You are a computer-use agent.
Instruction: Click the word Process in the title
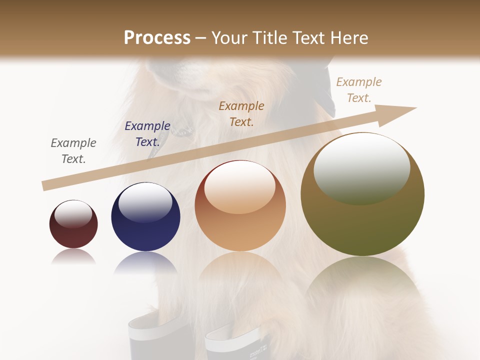[157, 38]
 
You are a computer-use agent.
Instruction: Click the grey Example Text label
[73, 151]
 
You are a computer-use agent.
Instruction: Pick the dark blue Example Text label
[147, 134]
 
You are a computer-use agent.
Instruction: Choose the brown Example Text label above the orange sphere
[241, 113]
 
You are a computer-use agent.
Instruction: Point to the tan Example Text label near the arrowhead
[359, 90]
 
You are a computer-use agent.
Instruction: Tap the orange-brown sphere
[240, 225]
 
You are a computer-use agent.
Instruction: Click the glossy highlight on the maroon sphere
[73, 214]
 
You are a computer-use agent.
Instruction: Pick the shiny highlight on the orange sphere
[240, 187]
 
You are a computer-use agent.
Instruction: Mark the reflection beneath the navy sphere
[145, 262]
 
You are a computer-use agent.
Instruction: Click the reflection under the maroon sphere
[73, 256]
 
